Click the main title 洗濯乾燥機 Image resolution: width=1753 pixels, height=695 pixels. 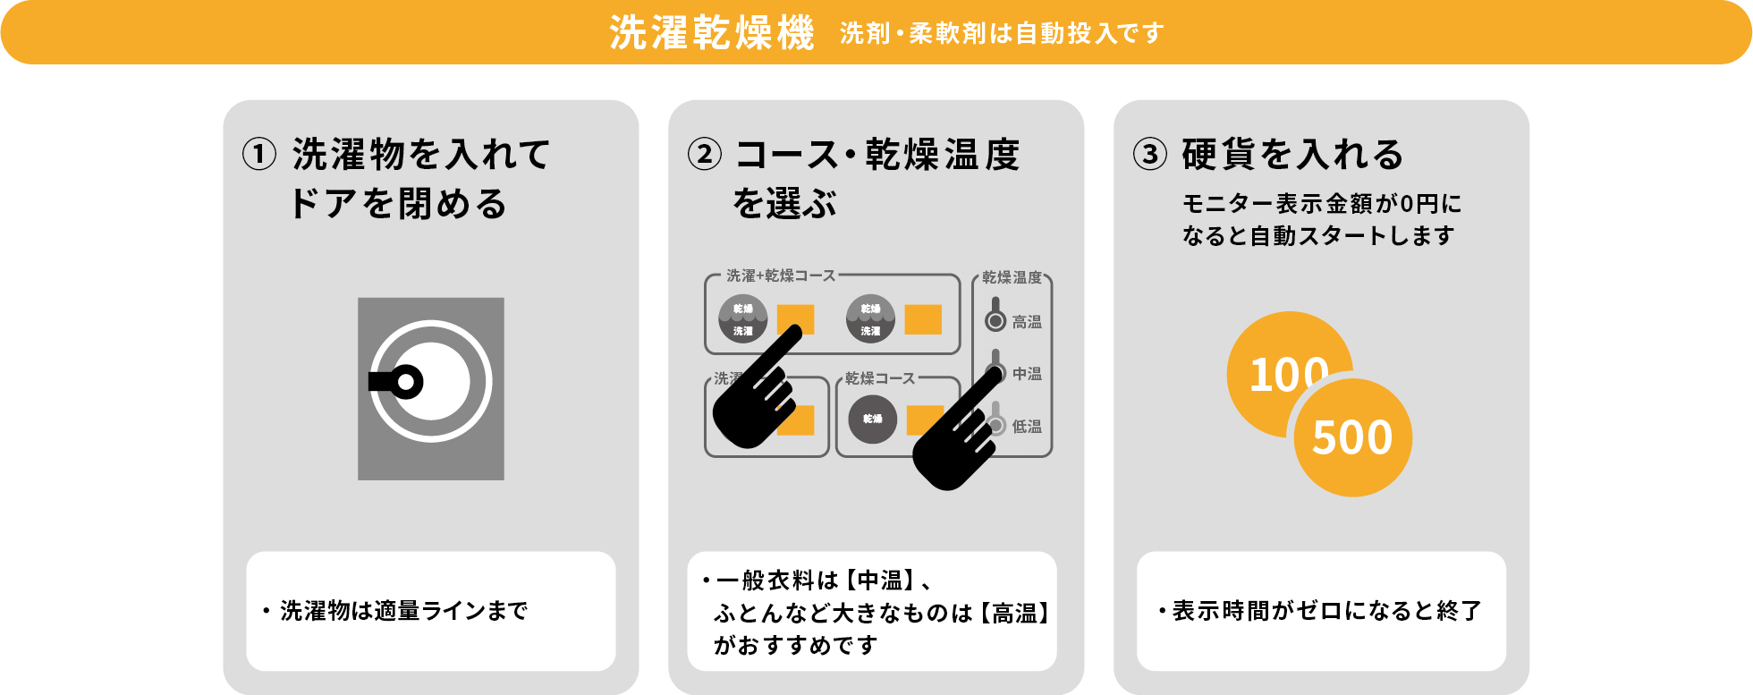click(x=711, y=33)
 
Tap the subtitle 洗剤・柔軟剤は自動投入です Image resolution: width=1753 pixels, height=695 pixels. click(x=1002, y=34)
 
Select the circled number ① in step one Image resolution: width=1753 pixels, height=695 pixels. click(x=259, y=154)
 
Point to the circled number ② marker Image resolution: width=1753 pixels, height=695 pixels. click(x=705, y=154)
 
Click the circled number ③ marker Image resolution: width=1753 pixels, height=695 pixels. click(x=1150, y=154)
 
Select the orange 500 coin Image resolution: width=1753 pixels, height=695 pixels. click(x=1352, y=437)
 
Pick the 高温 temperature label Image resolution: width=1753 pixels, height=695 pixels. click(x=1027, y=322)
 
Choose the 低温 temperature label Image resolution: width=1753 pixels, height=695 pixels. click(x=1027, y=427)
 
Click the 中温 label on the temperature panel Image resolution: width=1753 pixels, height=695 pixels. click(x=1027, y=374)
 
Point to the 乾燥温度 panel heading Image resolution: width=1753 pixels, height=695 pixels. click(x=1012, y=277)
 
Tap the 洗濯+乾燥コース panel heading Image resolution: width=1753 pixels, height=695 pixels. click(x=780, y=275)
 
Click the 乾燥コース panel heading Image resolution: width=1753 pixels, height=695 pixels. click(x=880, y=378)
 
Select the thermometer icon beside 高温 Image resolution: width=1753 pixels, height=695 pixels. click(x=995, y=315)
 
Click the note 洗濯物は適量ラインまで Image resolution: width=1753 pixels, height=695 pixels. click(x=403, y=611)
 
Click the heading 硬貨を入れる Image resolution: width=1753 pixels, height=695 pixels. click(x=1292, y=154)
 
